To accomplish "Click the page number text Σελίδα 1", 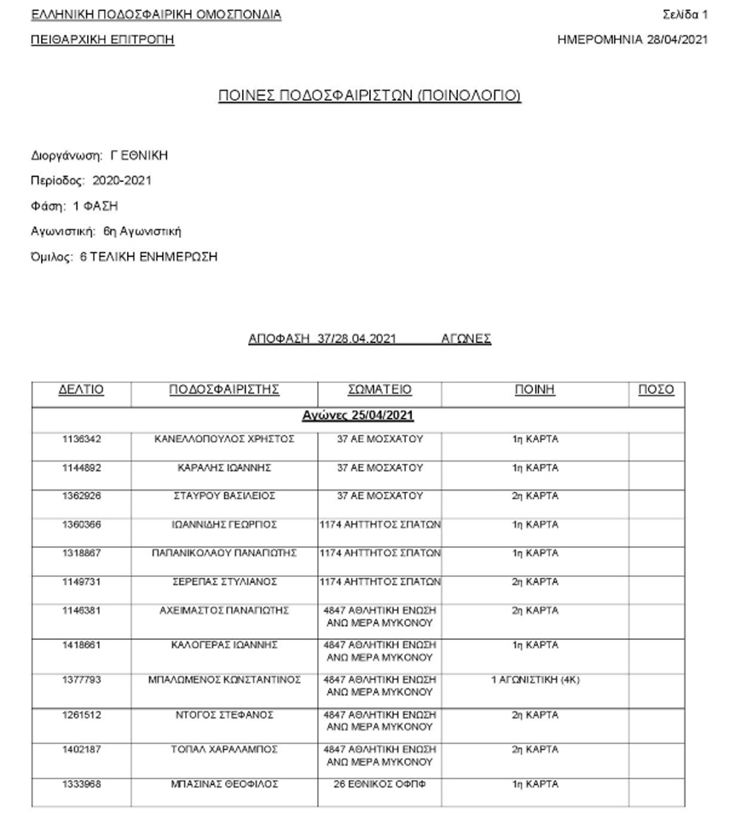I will click(685, 15).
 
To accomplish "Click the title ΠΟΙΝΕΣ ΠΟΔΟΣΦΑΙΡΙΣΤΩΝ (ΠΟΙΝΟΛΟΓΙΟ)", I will click(369, 96).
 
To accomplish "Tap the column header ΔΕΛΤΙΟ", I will click(81, 390).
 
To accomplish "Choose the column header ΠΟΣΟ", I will click(656, 390).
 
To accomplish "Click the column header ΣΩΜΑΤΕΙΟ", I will click(379, 390).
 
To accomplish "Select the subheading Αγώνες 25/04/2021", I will click(358, 415).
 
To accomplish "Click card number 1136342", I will click(81, 439).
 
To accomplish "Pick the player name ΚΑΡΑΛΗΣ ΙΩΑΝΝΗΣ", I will click(224, 467).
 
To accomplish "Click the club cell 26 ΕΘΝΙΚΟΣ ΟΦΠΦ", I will click(379, 784).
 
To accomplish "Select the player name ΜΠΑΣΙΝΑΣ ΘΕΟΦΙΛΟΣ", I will click(224, 784).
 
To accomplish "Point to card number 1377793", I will click(81, 680).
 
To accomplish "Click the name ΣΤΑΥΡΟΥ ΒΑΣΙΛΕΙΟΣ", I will click(224, 496).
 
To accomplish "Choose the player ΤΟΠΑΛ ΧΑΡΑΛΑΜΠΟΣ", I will click(224, 750).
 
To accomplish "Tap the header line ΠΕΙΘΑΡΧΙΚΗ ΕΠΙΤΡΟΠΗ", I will click(102, 39).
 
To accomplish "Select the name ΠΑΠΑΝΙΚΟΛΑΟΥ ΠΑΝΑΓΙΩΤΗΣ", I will click(224, 553).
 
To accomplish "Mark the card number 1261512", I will click(81, 714).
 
